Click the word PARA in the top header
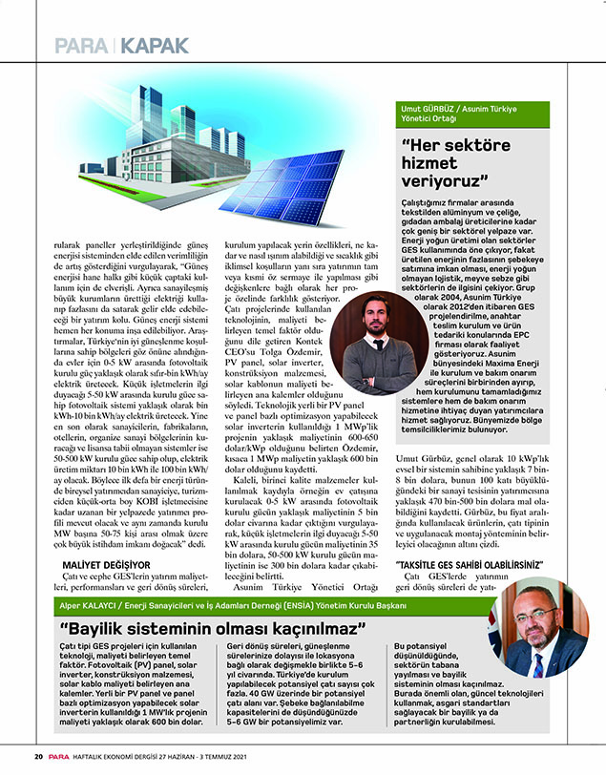point(81,44)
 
